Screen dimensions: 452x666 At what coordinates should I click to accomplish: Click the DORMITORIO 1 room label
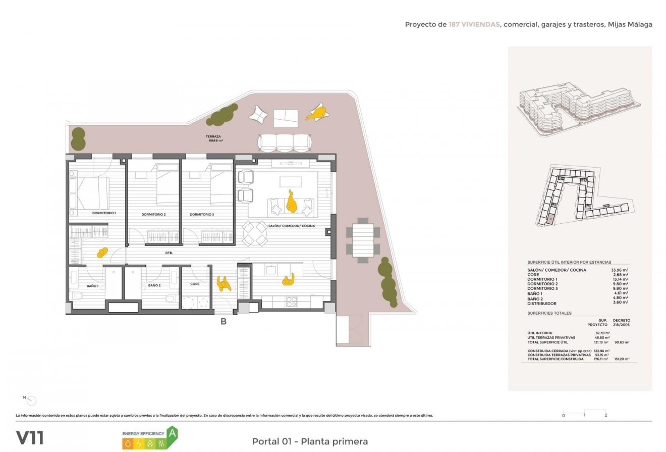(104, 213)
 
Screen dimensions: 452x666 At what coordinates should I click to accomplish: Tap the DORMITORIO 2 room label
(153, 215)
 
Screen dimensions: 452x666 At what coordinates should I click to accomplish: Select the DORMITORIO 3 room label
(202, 215)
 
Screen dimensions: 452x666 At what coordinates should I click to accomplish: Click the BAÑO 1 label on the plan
(92, 286)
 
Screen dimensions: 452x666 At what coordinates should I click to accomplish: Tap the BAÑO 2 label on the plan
(154, 286)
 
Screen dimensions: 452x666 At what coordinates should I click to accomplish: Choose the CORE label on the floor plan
(195, 284)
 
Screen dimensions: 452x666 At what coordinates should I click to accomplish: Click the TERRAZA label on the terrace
(213, 137)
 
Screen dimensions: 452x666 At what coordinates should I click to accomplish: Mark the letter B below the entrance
(223, 322)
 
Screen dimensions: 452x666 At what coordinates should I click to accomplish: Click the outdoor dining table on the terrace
(363, 240)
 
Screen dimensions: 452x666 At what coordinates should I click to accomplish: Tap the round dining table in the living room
(255, 234)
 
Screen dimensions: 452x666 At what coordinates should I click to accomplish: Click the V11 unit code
(30, 437)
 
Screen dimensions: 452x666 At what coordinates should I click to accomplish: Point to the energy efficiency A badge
(172, 433)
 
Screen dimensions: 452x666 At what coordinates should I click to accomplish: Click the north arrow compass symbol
(31, 400)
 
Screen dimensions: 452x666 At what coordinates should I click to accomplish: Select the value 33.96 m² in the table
(619, 270)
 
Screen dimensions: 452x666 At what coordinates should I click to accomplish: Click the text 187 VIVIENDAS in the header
(474, 24)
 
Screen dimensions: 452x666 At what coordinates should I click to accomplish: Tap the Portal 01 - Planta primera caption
(310, 441)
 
